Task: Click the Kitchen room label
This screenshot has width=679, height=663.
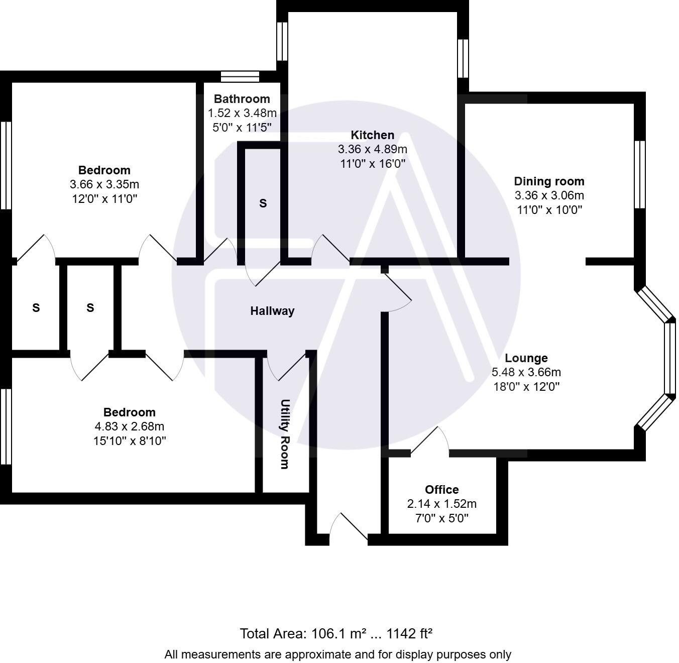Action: tap(372, 135)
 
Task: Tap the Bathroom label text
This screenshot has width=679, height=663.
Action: tap(242, 99)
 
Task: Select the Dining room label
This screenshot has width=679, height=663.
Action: tap(549, 181)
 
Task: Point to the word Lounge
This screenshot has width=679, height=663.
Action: tap(526, 358)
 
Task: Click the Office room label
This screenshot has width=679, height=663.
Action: tap(441, 490)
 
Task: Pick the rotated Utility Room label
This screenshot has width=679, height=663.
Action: tap(285, 434)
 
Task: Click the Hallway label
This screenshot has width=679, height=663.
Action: tap(272, 311)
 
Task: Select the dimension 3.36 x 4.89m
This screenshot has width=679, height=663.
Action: tap(372, 149)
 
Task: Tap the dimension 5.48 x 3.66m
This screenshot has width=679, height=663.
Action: tap(526, 372)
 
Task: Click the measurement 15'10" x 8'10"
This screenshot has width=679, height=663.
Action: tap(130, 441)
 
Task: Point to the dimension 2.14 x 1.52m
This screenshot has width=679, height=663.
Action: tap(441, 504)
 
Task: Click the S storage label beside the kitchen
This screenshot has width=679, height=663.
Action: tap(263, 203)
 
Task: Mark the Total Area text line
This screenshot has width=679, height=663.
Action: tap(336, 633)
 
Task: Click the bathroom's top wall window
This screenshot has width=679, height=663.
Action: tap(240, 76)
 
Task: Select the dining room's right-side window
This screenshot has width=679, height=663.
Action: tap(639, 174)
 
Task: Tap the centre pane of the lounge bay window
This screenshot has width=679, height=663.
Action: tap(670, 358)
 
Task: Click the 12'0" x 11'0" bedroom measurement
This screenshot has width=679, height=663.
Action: tap(104, 198)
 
